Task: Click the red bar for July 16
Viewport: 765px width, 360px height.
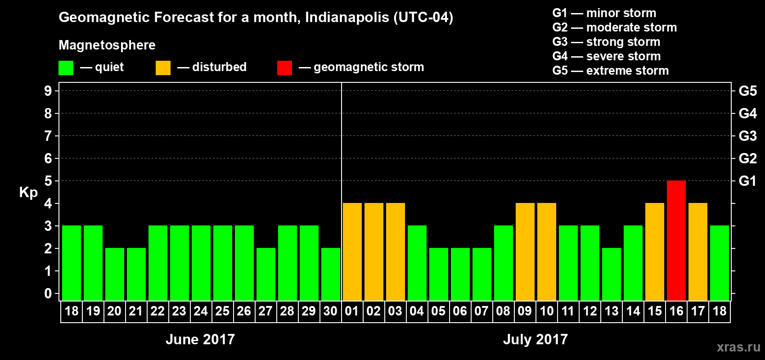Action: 676,241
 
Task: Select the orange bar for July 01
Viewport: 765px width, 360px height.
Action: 352,252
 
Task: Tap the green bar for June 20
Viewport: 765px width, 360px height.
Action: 115,274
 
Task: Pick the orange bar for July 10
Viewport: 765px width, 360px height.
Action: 547,252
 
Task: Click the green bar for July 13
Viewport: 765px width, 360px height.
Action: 612,274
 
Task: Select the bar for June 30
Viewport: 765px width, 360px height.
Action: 331,274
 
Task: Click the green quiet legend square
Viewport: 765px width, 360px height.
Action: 66,68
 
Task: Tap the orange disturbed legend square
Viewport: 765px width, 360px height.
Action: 163,68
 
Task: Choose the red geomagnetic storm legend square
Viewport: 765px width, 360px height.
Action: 284,68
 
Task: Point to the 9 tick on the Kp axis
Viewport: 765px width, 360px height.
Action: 48,91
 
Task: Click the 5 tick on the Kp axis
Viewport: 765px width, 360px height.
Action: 48,181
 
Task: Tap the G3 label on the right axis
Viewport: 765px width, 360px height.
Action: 747,136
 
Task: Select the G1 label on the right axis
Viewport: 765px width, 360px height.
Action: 747,181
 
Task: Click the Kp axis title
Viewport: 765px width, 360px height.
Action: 28,193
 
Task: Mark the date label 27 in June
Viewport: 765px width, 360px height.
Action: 265,311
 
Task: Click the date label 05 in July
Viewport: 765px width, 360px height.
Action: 438,311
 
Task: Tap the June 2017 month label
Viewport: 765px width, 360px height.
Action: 200,339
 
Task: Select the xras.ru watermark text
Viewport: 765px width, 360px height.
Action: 738,347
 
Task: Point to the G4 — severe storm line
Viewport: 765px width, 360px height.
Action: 607,56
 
